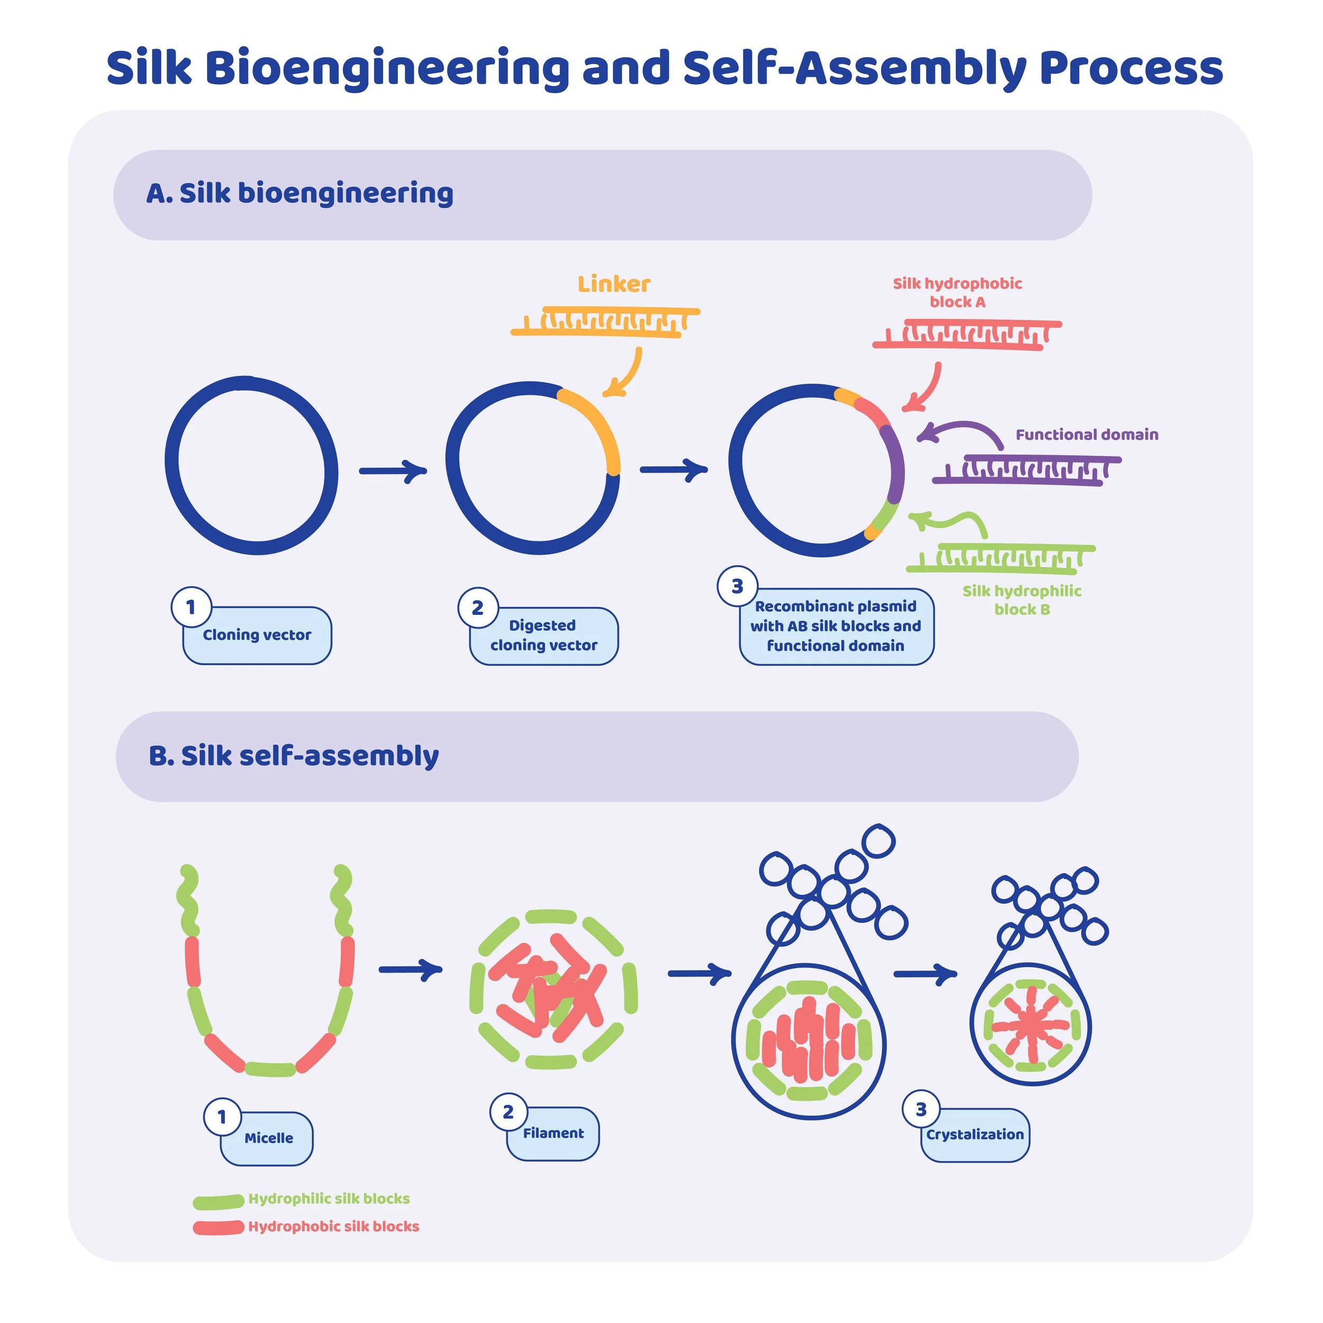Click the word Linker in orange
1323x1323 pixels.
coord(613,284)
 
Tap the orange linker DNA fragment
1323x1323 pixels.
coord(605,322)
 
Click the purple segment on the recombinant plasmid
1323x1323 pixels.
coord(895,466)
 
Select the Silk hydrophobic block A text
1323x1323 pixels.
coord(957,293)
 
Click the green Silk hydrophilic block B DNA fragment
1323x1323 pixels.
coord(1000,558)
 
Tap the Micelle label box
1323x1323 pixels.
coord(267,1138)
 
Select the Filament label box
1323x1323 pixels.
coord(554,1134)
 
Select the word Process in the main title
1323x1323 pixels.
coord(1130,68)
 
